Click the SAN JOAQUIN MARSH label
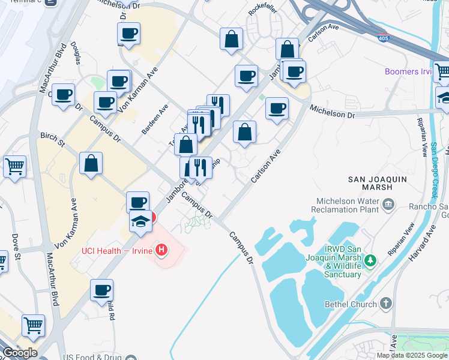click(x=378, y=183)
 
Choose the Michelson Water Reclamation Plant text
click(x=345, y=206)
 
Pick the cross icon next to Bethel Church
click(x=385, y=304)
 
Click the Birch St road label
click(x=52, y=140)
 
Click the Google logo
click(x=20, y=352)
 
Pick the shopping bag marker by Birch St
click(x=91, y=163)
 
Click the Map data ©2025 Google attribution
click(x=411, y=355)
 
